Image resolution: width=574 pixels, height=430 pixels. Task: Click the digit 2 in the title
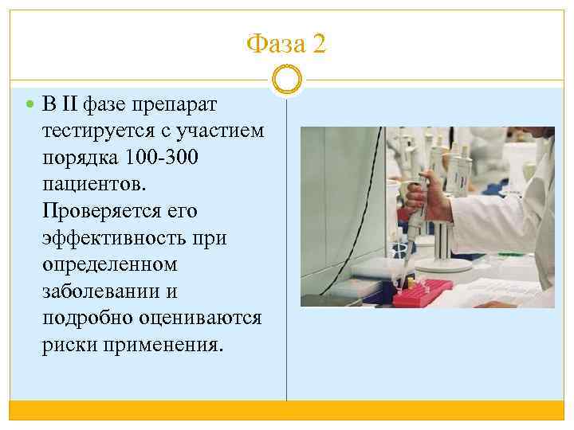click(318, 44)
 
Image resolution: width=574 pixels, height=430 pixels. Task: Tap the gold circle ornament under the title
click(286, 80)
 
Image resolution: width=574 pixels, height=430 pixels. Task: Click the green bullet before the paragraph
click(30, 104)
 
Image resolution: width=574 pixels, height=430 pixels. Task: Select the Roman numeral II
click(69, 104)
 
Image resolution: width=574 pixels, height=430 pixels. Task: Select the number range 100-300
click(163, 157)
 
